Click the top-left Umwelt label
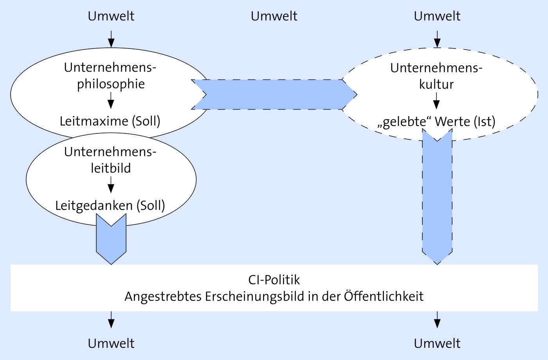pos(111,16)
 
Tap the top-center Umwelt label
pos(274,16)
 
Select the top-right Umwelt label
pos(437,16)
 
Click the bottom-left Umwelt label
pos(111,344)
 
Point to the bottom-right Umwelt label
pos(437,344)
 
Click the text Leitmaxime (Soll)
pos(110,121)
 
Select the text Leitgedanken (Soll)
pos(110,206)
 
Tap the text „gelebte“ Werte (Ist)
pos(436,122)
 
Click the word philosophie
pos(111,85)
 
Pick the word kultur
pos(436,85)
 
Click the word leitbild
pos(111,168)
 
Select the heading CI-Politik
pos(274,280)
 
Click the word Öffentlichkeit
pos(384,296)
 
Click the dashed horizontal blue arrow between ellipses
pos(274,94)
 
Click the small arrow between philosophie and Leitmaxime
pos(111,100)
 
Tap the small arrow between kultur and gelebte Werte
pos(436,101)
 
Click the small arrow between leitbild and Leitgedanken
pos(111,185)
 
